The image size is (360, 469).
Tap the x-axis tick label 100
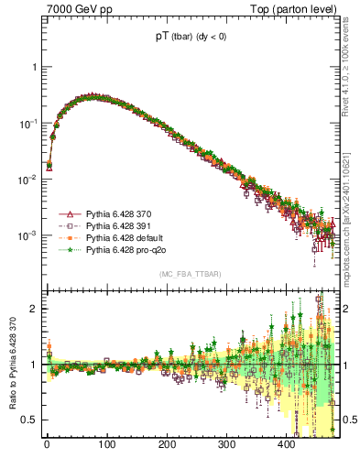pos(106,445)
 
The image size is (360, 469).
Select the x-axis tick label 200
pos(167,445)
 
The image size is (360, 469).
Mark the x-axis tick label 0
pos(47,445)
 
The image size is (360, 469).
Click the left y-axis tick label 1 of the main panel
pos(35,67)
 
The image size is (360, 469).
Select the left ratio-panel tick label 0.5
pos(31,420)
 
